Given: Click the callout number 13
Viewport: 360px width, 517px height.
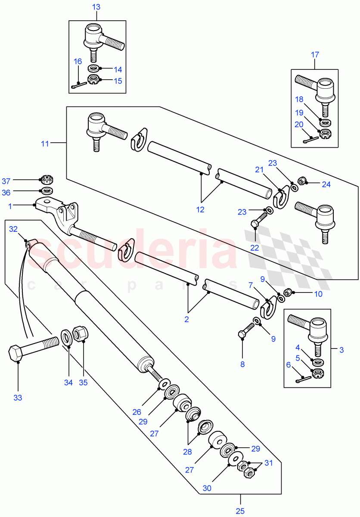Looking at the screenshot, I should (x=96, y=7).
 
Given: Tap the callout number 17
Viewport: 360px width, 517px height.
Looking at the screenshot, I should (x=315, y=55).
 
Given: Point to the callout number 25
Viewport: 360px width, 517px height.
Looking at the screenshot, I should (x=240, y=511).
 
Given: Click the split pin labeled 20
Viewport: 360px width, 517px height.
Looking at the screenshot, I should (x=310, y=139).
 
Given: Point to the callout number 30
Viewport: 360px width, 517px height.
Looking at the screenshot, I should (x=207, y=489).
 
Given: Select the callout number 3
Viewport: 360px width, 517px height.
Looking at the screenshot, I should (x=341, y=350).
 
